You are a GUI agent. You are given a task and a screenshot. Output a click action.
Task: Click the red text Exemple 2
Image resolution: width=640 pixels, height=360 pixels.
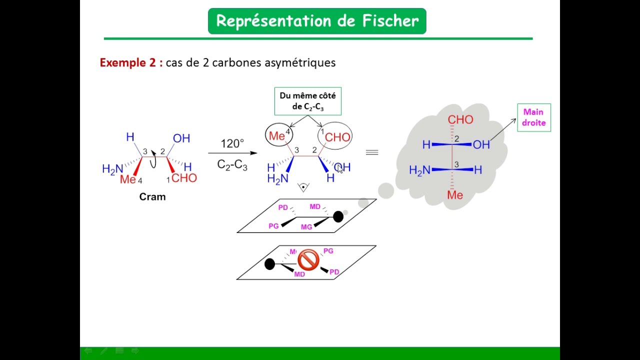tap(131, 62)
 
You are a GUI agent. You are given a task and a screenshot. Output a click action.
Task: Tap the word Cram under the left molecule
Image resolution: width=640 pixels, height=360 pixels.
tap(152, 197)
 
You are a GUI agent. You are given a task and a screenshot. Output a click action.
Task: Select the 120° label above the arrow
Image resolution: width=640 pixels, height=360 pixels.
tap(232, 144)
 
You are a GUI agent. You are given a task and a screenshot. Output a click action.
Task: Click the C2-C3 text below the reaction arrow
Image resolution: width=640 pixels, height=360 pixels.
tap(232, 165)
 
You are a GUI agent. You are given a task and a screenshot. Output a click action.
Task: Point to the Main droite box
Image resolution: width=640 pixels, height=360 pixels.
tap(533, 118)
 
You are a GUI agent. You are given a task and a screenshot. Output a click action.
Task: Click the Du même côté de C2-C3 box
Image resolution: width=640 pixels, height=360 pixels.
tap(307, 101)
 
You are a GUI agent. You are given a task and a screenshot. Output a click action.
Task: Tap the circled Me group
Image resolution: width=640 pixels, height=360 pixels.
tap(278, 136)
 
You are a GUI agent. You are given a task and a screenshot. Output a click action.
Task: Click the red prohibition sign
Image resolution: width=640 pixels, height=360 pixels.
tap(308, 260)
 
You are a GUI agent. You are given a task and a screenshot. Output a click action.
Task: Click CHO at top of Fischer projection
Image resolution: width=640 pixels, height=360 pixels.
tap(460, 120)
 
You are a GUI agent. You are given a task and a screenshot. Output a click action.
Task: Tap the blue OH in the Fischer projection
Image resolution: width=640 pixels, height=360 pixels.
tap(481, 145)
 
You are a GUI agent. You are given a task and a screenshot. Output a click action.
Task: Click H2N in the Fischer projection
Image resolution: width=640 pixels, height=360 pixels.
tap(419, 170)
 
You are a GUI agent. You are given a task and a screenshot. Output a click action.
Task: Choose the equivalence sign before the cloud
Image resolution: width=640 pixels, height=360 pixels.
tap(371, 152)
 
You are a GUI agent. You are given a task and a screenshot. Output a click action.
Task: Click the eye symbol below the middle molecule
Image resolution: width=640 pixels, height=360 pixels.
tap(303, 187)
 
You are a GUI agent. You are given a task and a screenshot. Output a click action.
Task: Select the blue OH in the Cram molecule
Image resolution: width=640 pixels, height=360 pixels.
tap(181, 138)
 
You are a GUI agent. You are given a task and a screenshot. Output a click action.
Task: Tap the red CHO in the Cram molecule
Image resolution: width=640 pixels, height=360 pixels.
tap(184, 178)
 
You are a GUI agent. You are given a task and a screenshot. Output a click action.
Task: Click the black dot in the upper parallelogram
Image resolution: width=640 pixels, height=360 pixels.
tap(338, 216)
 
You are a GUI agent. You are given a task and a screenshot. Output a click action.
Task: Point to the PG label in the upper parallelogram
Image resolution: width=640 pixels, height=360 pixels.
tap(273, 226)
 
